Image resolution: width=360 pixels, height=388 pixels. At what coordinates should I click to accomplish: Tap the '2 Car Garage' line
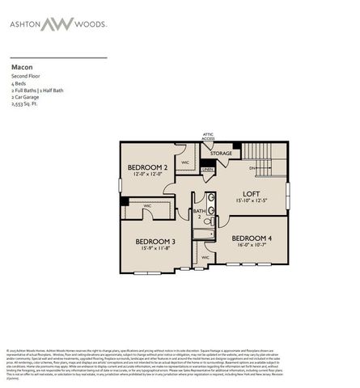[x=25, y=98]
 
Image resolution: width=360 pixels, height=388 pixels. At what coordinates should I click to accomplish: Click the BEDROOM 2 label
[x=147, y=167]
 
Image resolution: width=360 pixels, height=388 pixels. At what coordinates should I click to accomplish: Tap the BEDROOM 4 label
[x=252, y=238]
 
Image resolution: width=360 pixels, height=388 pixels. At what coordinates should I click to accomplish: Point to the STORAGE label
[x=221, y=153]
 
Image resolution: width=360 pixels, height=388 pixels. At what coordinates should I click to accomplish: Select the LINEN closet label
[x=208, y=168]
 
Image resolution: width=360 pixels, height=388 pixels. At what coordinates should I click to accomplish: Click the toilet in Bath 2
[x=207, y=218]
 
